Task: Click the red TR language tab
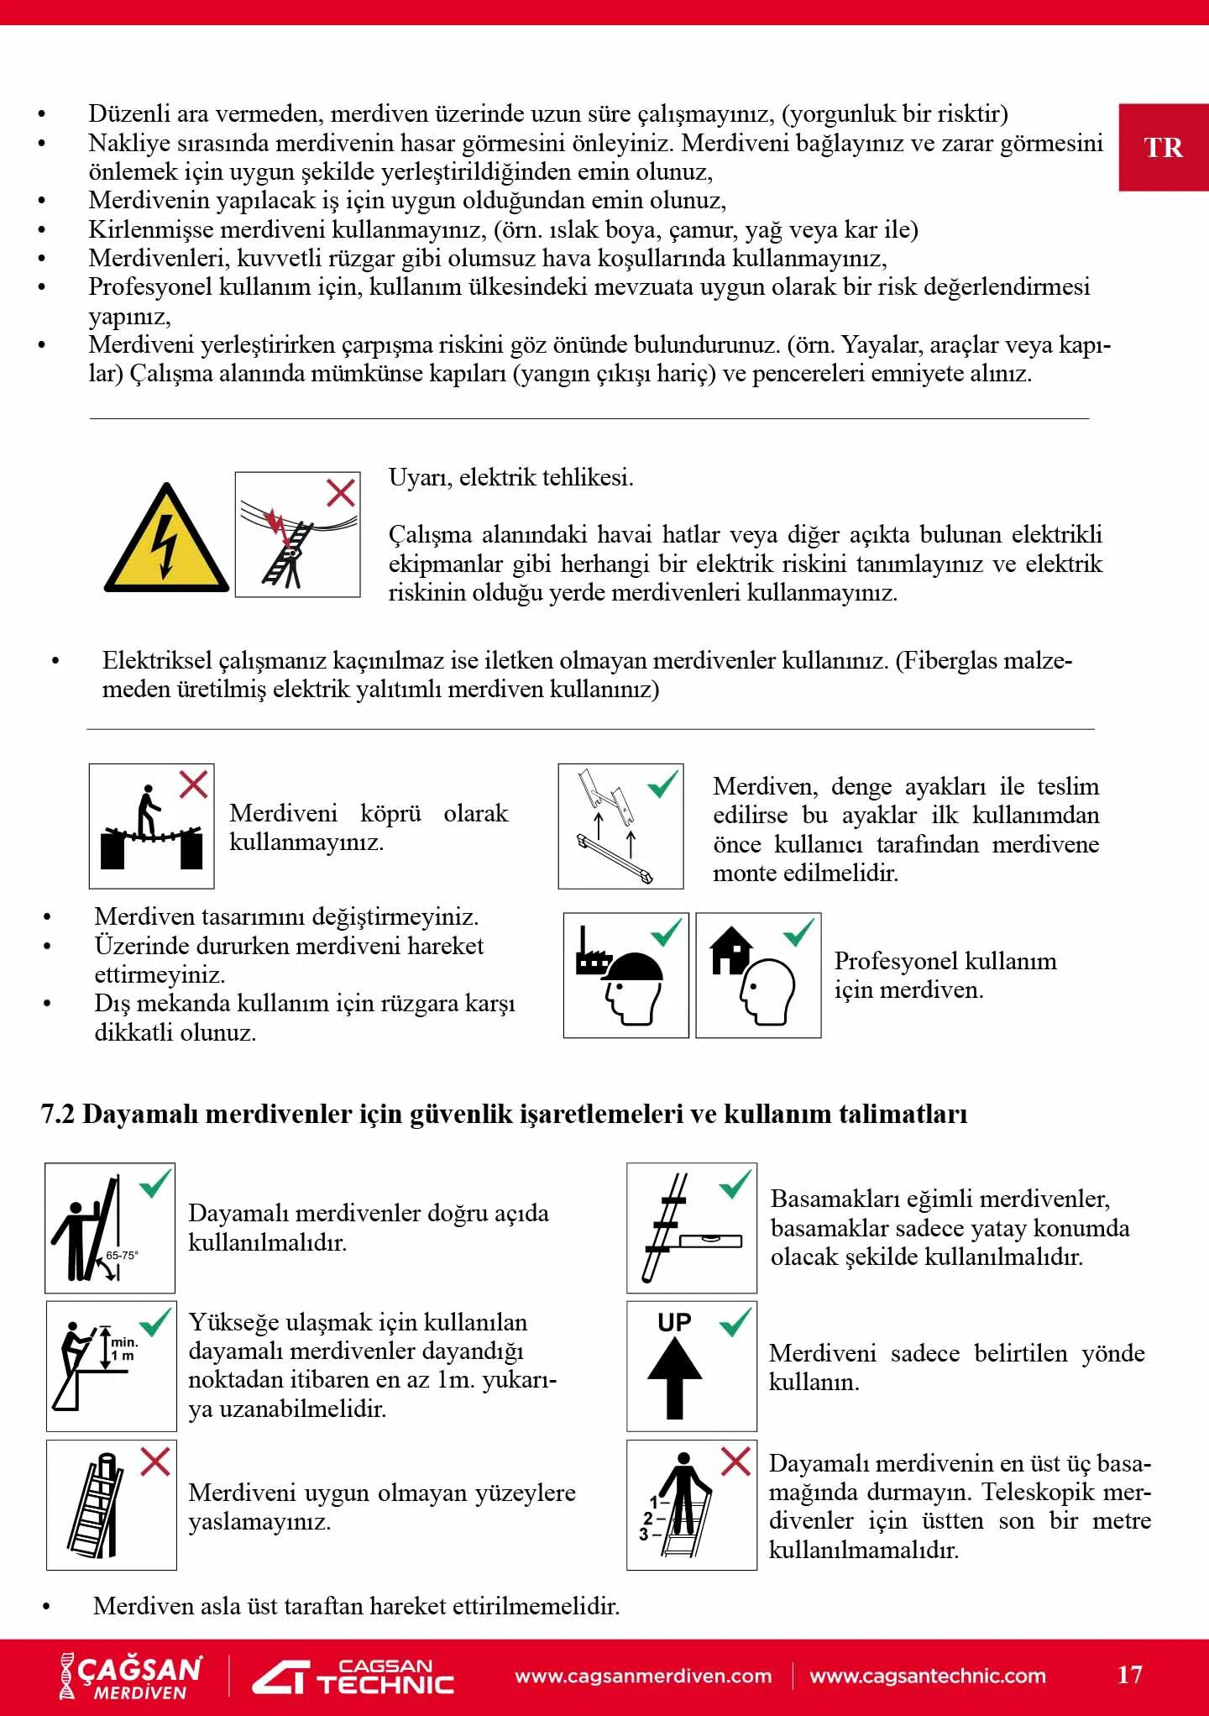coord(1163,148)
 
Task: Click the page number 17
coord(1129,1674)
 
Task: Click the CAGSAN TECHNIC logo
coord(353,1677)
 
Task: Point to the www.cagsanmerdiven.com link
coord(643,1676)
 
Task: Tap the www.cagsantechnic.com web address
coord(928,1676)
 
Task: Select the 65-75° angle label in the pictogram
coord(122,1255)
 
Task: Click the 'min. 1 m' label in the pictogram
coord(123,1349)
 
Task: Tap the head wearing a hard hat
coord(632,987)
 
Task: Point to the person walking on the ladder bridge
coord(148,811)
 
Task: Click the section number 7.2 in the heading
coord(57,1114)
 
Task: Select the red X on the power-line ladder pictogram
coord(340,492)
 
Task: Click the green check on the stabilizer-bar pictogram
coord(662,785)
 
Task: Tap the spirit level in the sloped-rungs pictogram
coord(710,1240)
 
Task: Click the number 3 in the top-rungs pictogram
coord(643,1534)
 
